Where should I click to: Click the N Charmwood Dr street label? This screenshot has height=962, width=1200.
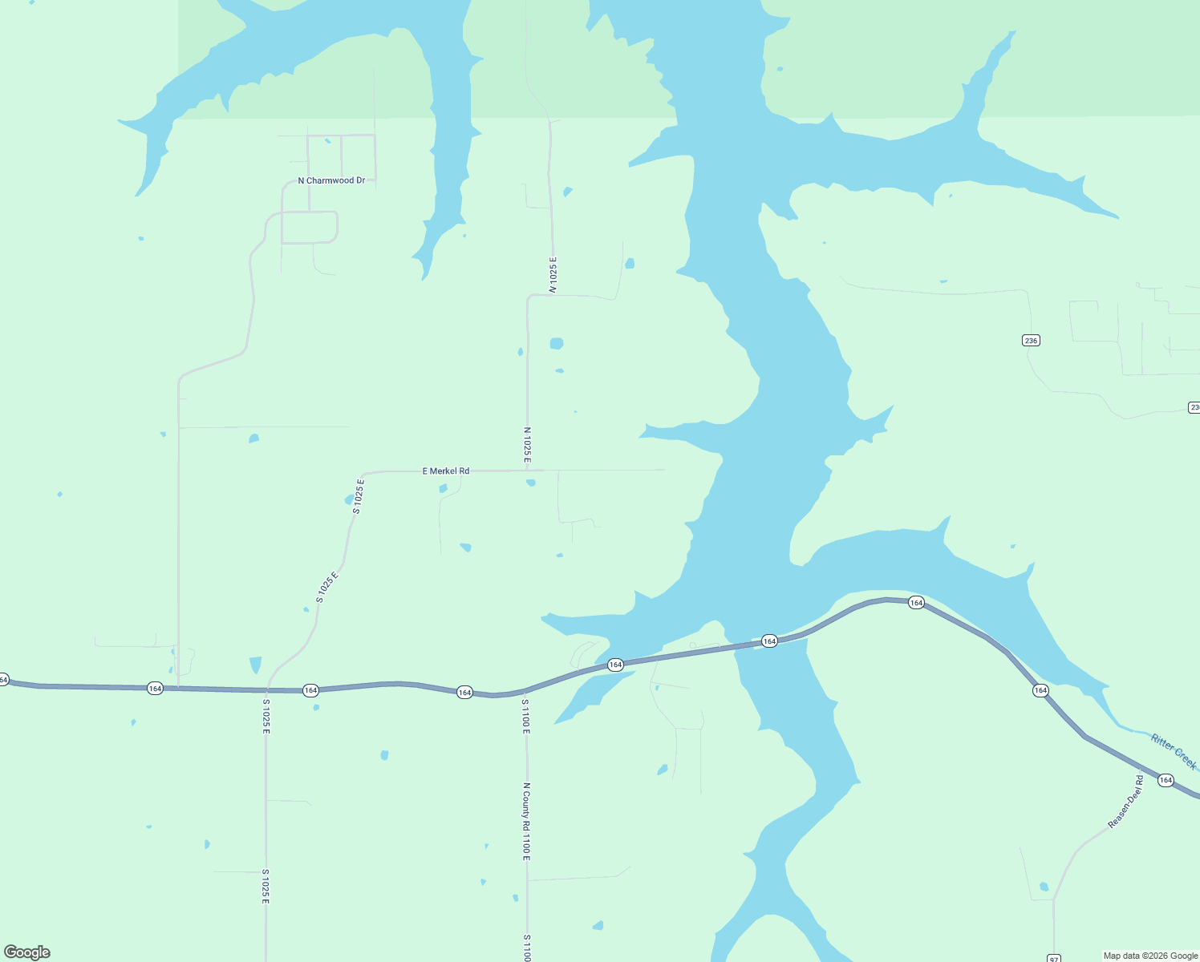tap(331, 180)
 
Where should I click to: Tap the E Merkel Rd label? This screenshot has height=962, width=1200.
tap(446, 471)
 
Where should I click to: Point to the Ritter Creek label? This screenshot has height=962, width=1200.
tap(1174, 751)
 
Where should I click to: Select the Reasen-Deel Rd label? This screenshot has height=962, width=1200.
tap(1125, 801)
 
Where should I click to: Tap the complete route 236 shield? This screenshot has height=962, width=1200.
tap(1031, 341)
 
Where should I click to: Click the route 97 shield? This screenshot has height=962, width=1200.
tap(1054, 958)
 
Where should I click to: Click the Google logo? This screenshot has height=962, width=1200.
tap(27, 952)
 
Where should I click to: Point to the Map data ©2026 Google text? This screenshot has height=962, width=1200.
tap(1150, 956)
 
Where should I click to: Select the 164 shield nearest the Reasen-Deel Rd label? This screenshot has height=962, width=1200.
tap(1166, 780)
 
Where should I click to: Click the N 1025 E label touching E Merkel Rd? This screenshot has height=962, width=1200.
tap(527, 445)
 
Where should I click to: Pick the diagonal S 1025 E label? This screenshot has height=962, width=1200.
tap(327, 587)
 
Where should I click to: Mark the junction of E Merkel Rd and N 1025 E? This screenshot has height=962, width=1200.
tap(528, 471)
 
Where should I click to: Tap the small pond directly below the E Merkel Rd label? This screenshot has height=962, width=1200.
tap(443, 488)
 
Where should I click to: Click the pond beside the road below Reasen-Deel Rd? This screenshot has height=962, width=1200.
tap(1044, 887)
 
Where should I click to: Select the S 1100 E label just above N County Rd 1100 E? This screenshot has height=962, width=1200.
tap(525, 716)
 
